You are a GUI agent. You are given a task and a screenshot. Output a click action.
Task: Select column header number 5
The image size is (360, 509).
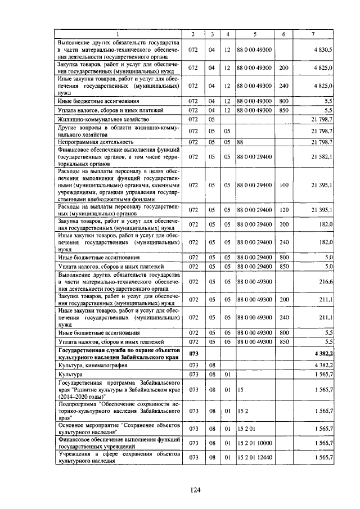[255, 34]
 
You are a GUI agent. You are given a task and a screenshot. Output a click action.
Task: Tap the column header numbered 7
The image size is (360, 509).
[313, 34]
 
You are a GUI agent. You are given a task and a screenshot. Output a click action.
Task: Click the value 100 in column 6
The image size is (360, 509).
[283, 184]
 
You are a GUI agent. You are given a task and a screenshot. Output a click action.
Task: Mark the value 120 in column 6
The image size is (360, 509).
[283, 210]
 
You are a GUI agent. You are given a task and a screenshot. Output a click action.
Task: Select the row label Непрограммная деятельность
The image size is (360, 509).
[95, 142]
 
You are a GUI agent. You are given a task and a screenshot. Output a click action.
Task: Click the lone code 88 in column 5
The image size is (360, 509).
[240, 142]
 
